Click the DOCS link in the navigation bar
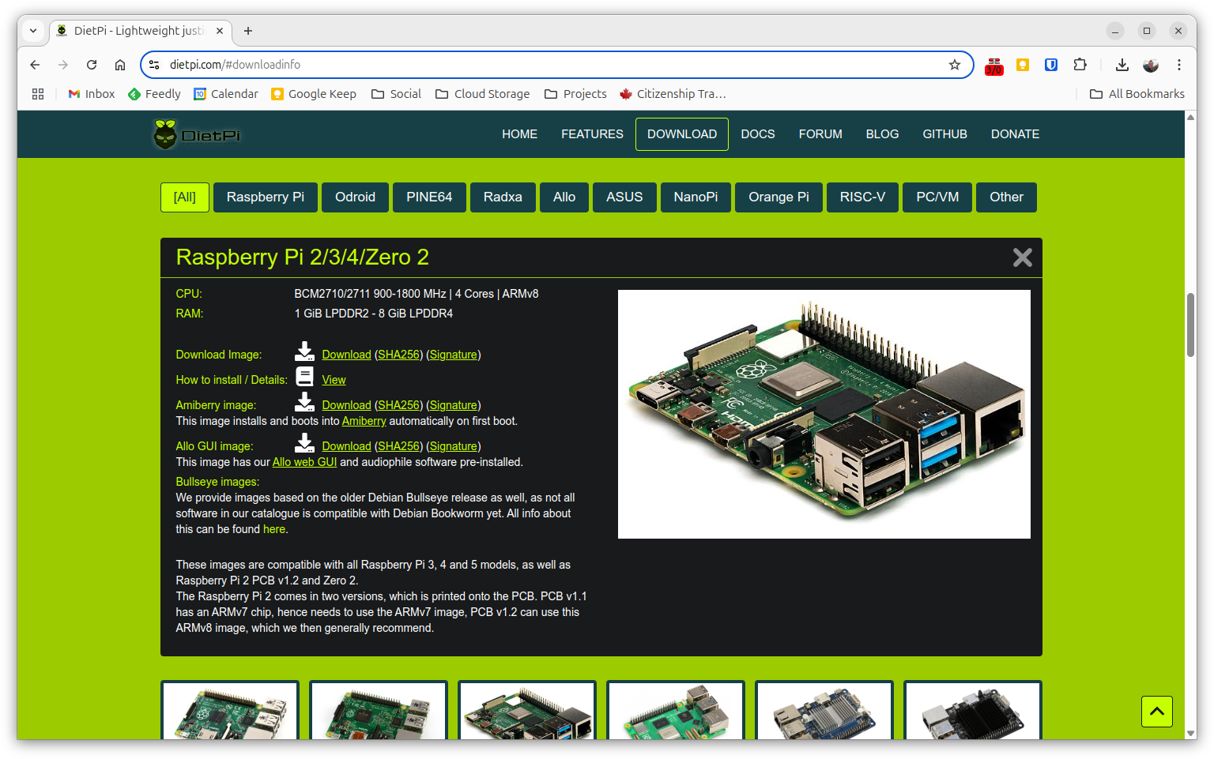(x=757, y=134)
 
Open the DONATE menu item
(x=1015, y=134)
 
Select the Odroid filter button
(x=355, y=197)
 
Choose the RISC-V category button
(x=862, y=197)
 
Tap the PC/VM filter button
(x=937, y=197)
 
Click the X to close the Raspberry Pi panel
(x=1022, y=257)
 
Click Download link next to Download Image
(x=346, y=355)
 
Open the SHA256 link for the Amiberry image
(x=398, y=405)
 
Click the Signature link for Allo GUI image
(x=453, y=446)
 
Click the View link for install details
(x=334, y=380)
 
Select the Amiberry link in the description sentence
(x=364, y=421)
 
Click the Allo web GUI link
(x=304, y=462)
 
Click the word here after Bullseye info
(x=274, y=529)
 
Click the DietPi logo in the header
(x=197, y=134)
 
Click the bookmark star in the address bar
(x=955, y=65)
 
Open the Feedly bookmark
(x=155, y=94)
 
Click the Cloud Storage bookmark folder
(x=483, y=94)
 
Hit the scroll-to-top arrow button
(x=1156, y=712)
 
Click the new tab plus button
(x=248, y=31)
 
